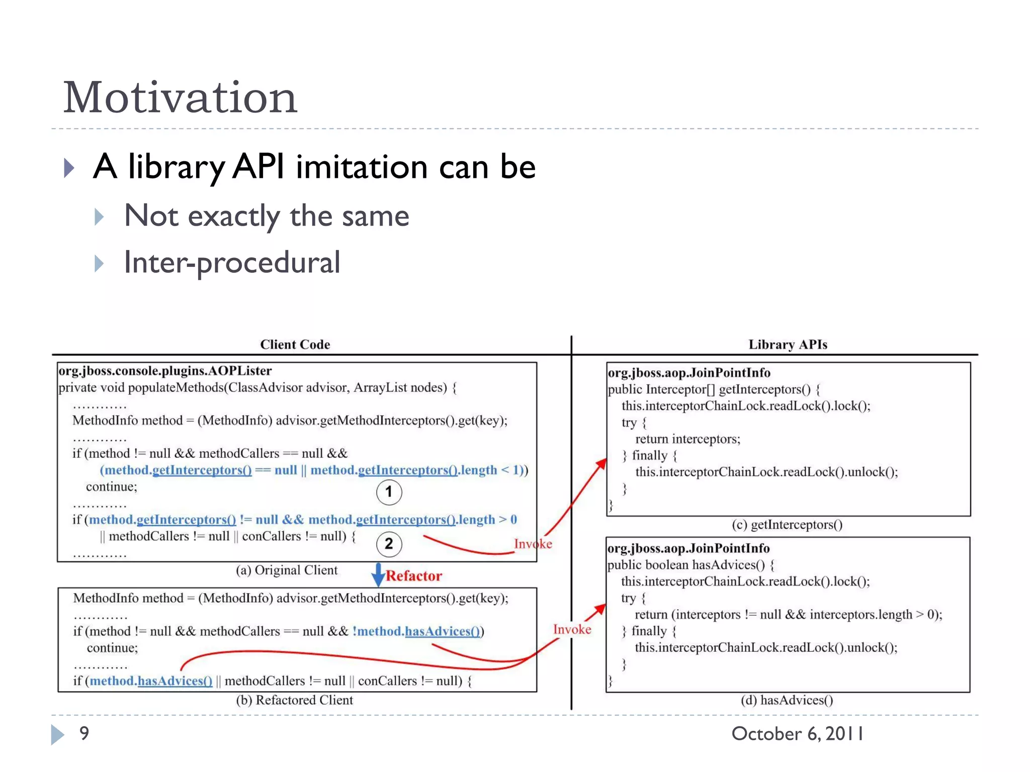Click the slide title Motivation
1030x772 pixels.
point(180,98)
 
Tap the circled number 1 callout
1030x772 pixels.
point(389,492)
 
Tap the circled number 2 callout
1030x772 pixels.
point(389,544)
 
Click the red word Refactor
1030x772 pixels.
point(414,575)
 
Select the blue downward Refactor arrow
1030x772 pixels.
point(378,574)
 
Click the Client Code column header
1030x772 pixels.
point(295,344)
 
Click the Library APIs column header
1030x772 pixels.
point(788,344)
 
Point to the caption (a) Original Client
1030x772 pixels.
point(287,570)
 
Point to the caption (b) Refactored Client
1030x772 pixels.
point(294,700)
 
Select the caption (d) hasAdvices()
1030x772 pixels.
point(787,700)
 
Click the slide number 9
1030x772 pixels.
point(84,733)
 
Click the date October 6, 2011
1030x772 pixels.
point(797,734)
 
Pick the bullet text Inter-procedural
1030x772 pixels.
point(232,262)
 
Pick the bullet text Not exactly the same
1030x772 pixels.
point(266,216)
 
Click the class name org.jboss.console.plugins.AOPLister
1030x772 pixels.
point(165,371)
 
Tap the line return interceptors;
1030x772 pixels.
point(688,439)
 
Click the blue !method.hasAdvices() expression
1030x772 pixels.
point(416,631)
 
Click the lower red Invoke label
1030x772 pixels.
point(572,629)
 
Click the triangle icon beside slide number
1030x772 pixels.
point(57,734)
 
